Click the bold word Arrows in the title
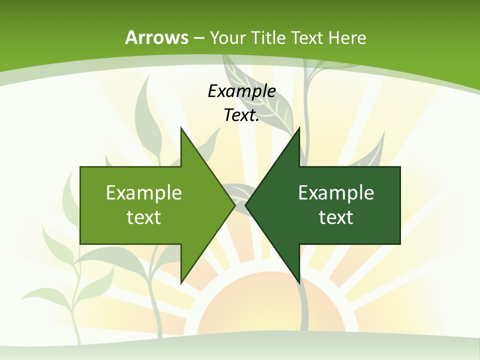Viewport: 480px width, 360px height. [x=157, y=37]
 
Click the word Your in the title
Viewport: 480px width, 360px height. [x=227, y=37]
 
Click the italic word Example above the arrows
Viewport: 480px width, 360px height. [x=241, y=91]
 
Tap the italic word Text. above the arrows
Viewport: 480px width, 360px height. [x=241, y=115]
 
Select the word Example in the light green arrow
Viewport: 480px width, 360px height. [x=143, y=193]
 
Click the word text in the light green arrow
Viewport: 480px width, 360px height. [x=143, y=217]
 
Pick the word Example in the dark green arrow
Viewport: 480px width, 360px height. [x=336, y=193]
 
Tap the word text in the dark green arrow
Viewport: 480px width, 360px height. [x=336, y=217]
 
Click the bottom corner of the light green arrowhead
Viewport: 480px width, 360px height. [x=181, y=282]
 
